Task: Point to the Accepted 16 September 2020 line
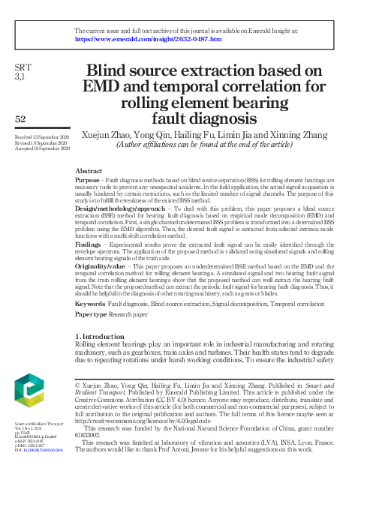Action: pyautogui.click(x=42, y=148)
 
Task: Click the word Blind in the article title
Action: pyautogui.click(x=113, y=71)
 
